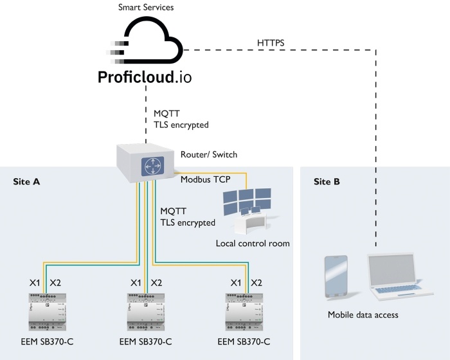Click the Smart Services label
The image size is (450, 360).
coord(146,7)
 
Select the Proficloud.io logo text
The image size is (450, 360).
coord(145,77)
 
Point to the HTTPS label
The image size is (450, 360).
coord(271,43)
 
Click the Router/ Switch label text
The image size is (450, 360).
coord(209,154)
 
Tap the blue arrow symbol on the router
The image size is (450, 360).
coord(153,166)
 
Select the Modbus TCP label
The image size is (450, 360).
coord(206,179)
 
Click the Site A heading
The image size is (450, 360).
coord(26,182)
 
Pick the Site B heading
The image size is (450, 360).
coord(327,182)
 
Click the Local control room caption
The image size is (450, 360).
coord(253,244)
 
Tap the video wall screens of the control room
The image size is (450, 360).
coord(247,201)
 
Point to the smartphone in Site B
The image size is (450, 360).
coord(336,277)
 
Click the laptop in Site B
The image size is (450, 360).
coord(399,276)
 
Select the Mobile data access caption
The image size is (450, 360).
coord(363,314)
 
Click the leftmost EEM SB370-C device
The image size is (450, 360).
coord(48,312)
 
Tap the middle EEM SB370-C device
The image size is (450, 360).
coord(146,312)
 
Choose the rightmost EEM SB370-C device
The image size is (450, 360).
coord(244,312)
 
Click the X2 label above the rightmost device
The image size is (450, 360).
coord(256,283)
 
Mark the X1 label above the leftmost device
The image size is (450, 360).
coord(35,283)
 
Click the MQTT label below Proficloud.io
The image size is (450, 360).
coord(166,113)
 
